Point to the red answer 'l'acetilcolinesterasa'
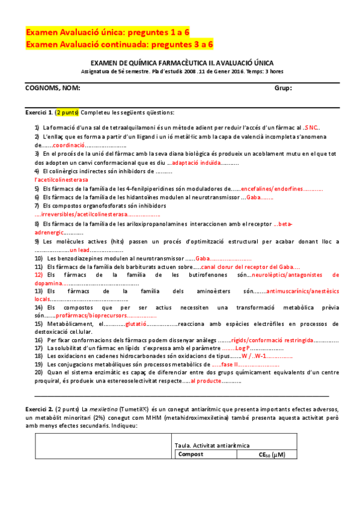61,180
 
